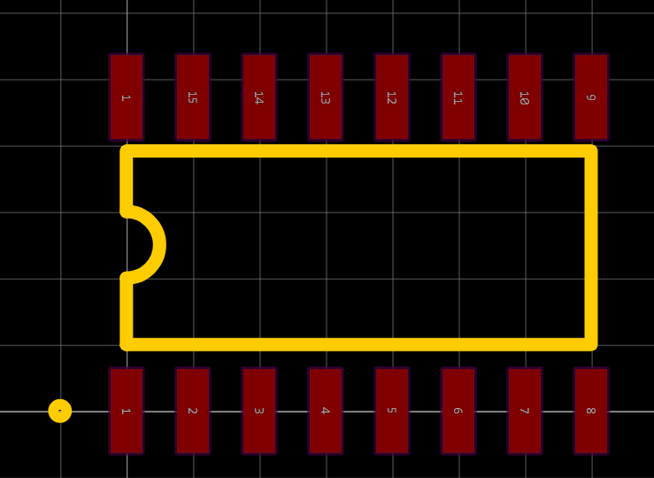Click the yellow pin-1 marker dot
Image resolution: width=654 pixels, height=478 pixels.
click(x=59, y=411)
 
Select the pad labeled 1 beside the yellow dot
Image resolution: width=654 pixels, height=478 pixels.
click(x=126, y=411)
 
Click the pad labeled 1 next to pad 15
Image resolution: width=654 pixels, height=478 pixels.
click(x=126, y=96)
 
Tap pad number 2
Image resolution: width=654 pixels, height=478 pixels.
click(x=192, y=411)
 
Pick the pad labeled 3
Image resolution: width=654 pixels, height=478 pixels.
click(x=258, y=411)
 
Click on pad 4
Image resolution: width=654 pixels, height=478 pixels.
click(x=325, y=411)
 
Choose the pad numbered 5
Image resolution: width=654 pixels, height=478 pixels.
click(x=391, y=411)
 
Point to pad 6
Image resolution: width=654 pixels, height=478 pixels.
click(x=458, y=411)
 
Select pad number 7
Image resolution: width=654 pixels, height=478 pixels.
click(x=524, y=411)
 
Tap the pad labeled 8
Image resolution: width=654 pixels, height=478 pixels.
click(x=590, y=411)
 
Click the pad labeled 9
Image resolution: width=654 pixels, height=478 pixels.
click(x=590, y=96)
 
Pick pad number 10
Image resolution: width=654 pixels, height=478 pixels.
click(x=524, y=96)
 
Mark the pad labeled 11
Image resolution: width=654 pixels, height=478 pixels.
click(x=458, y=96)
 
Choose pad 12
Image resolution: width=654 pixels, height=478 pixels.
click(x=391, y=96)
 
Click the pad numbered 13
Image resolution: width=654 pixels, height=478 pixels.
click(x=325, y=96)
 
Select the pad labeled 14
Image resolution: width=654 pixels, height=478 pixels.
click(x=258, y=96)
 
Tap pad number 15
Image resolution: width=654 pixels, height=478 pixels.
click(x=192, y=96)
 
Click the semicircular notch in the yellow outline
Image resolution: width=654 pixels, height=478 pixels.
click(x=158, y=244)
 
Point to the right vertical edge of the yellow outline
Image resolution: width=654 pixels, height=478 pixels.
click(x=590, y=248)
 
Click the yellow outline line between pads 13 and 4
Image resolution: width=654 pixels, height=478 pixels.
click(x=325, y=151)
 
